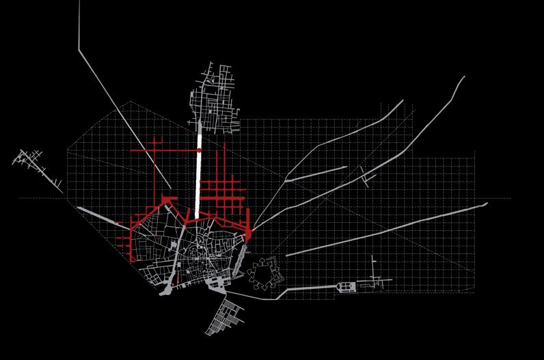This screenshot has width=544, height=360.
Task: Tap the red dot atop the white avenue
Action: (200, 150)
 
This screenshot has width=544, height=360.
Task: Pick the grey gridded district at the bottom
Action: (226, 318)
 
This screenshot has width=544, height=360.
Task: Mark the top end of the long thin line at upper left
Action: (79, 3)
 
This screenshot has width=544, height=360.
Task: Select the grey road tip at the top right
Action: (463, 77)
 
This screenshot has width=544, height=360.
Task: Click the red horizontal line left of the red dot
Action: (164, 150)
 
